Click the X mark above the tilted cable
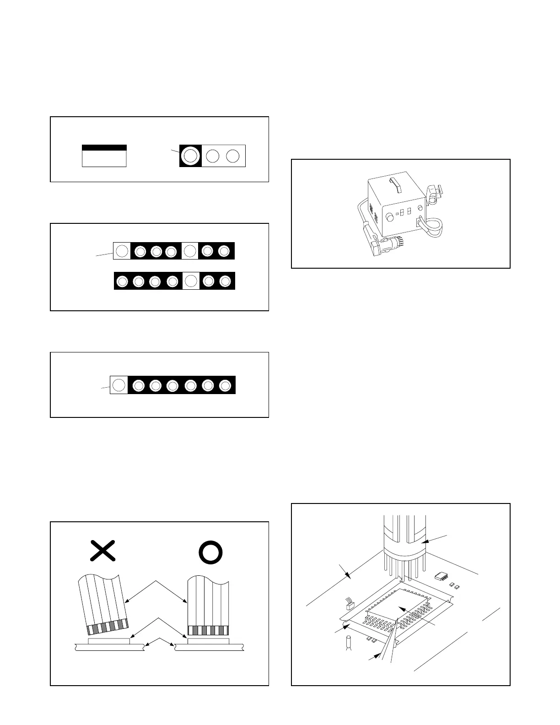tap(102, 551)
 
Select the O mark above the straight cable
tap(210, 552)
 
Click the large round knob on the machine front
tap(390, 217)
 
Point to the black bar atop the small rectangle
tap(104, 148)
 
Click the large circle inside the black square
tap(190, 156)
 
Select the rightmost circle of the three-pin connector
tap(233, 156)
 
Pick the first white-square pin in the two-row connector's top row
tap(122, 251)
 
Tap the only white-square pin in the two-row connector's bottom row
tap(191, 281)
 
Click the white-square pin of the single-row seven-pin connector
tap(118, 385)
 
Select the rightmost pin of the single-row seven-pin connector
tap(225, 385)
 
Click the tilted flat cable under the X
tap(103, 600)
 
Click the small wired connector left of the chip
tap(350, 605)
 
